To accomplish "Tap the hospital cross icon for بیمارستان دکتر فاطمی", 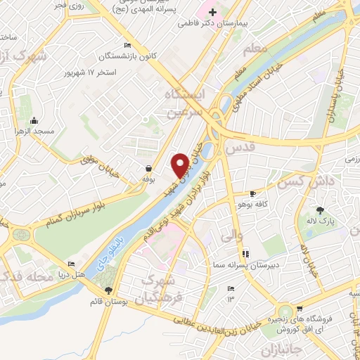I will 212,13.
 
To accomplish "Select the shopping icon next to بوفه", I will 148,168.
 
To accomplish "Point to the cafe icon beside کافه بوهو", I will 253,193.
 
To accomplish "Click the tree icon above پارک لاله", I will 321,210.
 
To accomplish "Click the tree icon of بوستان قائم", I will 108,290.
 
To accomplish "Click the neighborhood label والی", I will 231,238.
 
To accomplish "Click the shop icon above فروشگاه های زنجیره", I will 300,309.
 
